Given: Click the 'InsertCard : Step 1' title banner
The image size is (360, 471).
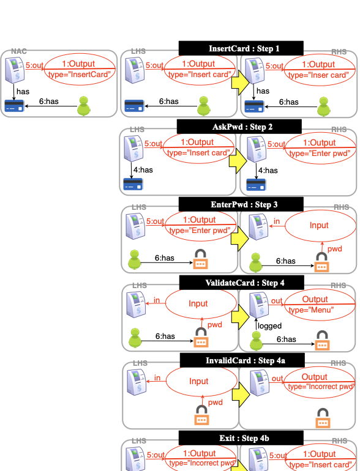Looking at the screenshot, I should (241, 48).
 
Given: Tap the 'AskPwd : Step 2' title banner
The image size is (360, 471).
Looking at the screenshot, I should (239, 127).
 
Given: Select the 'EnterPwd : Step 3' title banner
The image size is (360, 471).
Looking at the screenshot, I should (241, 204).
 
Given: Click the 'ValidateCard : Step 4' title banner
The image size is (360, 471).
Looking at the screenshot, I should (241, 282).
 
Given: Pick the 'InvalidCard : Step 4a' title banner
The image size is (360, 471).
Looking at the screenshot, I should (241, 360).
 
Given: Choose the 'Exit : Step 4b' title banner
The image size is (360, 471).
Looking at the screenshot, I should (241, 438).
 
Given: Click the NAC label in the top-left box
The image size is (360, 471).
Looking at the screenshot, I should (19, 53).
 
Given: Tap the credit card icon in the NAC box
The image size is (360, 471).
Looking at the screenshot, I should (13, 107).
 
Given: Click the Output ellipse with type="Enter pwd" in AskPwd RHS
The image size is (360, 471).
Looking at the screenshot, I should (319, 147).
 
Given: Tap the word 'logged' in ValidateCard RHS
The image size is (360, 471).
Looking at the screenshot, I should (269, 326).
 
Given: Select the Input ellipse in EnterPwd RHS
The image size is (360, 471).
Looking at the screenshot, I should (318, 226).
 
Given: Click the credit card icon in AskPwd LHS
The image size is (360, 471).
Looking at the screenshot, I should (132, 183).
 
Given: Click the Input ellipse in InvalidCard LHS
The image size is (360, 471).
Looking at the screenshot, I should (198, 382).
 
